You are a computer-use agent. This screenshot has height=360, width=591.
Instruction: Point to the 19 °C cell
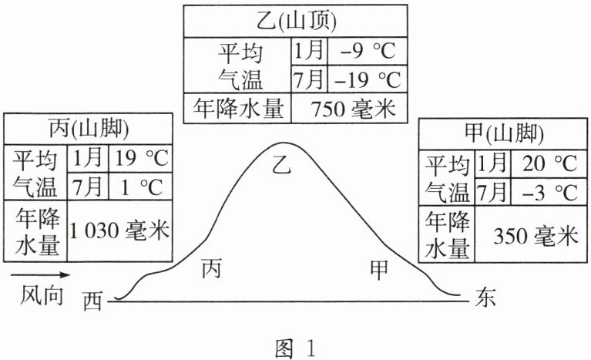click(141, 160)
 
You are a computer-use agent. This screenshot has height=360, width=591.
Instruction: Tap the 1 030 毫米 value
click(119, 229)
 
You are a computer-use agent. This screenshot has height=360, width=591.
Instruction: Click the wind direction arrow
click(39, 274)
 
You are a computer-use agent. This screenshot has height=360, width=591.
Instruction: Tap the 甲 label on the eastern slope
click(378, 269)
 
